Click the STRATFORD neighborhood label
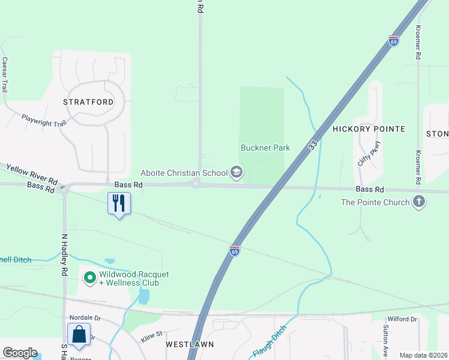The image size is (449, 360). (88, 102)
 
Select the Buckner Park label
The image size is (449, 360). (265, 148)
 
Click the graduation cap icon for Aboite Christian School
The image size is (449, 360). (237, 173)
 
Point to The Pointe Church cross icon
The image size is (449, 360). (419, 202)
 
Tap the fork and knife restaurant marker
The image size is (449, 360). (119, 203)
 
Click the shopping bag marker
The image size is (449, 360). (80, 334)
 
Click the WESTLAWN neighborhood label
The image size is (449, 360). (190, 344)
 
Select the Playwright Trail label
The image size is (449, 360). (43, 121)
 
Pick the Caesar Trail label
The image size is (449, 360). (5, 74)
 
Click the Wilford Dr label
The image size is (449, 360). (402, 319)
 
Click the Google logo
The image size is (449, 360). (20, 353)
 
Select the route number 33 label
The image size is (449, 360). (313, 145)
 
